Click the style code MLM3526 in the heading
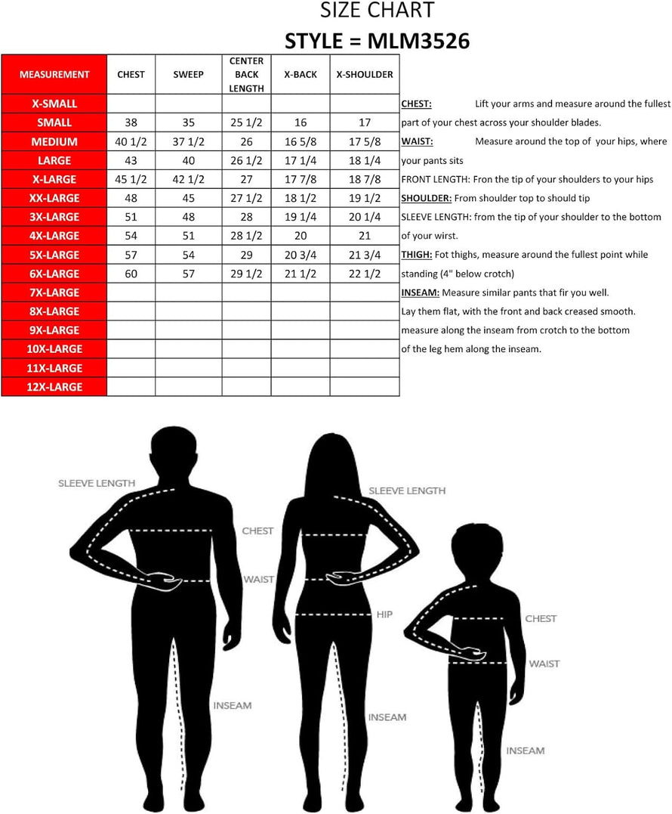tap(418, 40)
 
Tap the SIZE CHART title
tap(377, 11)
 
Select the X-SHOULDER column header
tap(365, 75)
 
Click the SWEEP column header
tap(188, 75)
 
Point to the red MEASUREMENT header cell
tap(54, 75)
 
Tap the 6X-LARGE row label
tap(54, 274)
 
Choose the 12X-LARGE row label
tap(54, 387)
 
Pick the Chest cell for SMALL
tap(131, 122)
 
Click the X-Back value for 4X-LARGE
tap(301, 236)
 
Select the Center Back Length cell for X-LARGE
tap(246, 179)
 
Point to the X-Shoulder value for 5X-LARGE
tap(365, 255)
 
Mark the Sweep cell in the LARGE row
tap(188, 160)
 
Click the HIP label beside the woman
tap(384, 614)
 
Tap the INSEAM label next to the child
tap(525, 751)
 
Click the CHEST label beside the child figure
tap(541, 618)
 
